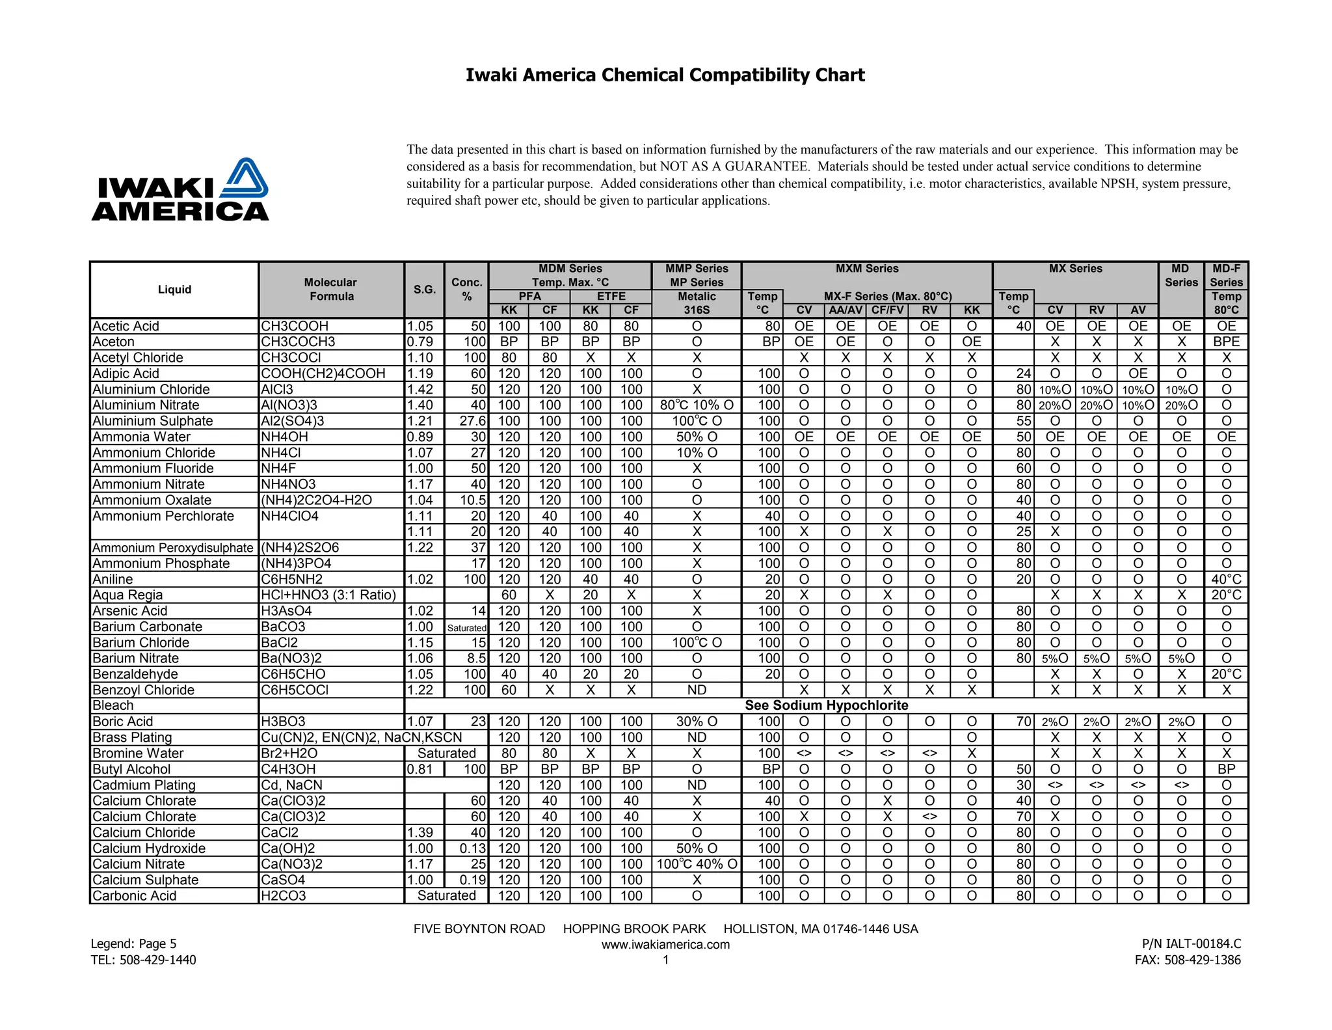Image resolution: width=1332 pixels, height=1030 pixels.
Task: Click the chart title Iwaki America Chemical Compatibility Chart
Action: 665,75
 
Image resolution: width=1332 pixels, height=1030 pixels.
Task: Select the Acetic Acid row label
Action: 126,326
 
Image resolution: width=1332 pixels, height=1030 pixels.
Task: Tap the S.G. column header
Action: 424,290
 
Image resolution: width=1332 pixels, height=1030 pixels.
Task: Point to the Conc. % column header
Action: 466,290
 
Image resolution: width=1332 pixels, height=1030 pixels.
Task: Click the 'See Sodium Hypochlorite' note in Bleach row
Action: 826,705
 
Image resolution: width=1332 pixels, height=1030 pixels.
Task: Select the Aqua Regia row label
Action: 127,595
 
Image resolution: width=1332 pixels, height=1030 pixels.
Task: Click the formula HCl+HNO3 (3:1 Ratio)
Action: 328,595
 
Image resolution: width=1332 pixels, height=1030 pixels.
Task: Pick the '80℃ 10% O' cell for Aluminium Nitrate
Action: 696,405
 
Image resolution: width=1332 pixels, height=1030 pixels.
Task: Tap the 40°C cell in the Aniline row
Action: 1226,579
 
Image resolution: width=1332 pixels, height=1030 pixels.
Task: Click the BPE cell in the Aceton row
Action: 1226,342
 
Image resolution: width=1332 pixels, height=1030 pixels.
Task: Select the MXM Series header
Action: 866,269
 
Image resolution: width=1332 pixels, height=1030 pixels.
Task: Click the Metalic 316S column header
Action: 696,303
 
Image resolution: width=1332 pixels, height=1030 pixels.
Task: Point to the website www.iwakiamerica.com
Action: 665,945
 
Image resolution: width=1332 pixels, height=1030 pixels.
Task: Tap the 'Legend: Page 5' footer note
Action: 133,943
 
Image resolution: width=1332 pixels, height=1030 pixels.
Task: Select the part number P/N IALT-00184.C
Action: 1191,943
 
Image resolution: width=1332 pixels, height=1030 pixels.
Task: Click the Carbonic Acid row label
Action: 134,896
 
